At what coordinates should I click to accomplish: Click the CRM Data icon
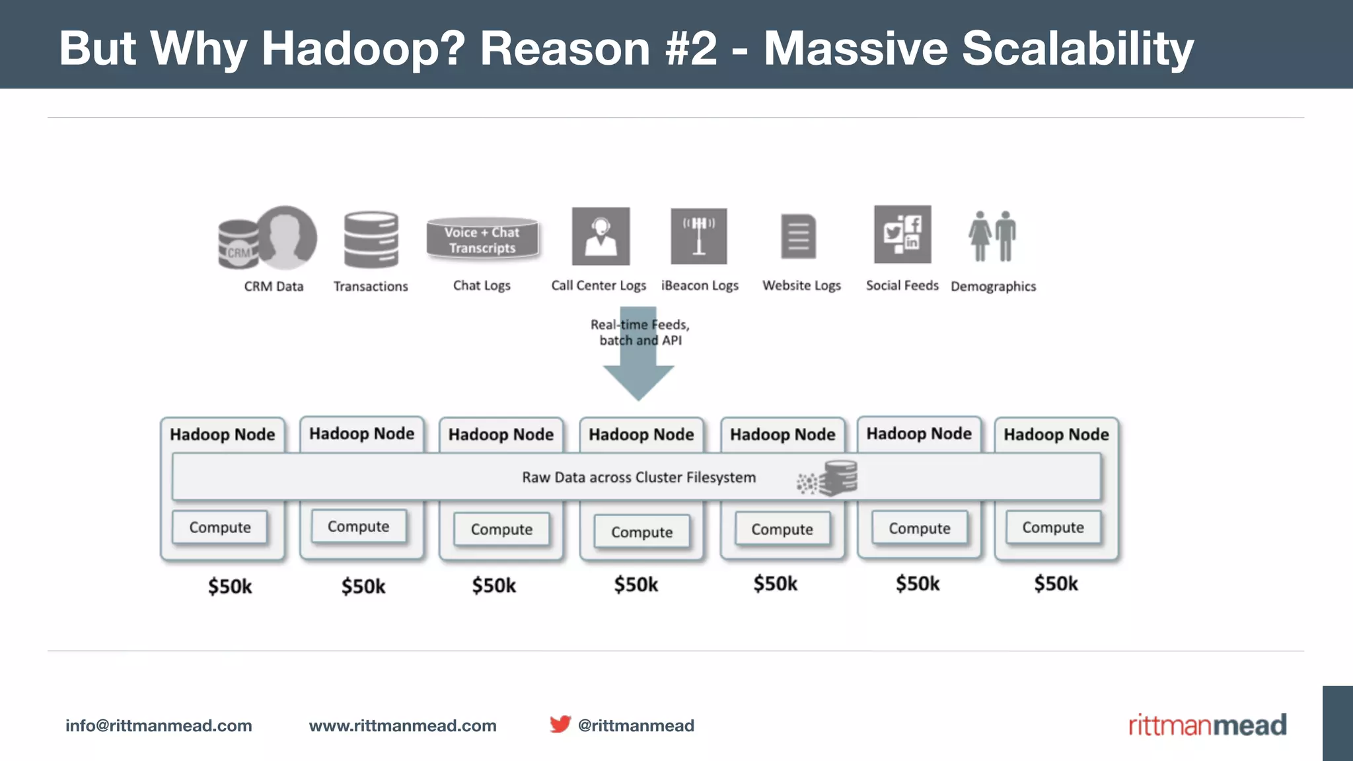268,238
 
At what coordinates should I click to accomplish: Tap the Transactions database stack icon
371,239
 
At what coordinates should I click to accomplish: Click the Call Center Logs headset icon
601,236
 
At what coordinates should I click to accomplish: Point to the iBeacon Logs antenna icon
699,236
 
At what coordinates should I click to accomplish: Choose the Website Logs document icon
798,236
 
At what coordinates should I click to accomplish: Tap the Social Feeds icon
902,235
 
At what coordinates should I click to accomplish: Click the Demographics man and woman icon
992,236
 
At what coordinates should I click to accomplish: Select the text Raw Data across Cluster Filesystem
638,477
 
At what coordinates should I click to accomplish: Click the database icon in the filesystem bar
839,478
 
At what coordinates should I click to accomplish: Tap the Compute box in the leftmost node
220,527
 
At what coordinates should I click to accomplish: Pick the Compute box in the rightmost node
1053,527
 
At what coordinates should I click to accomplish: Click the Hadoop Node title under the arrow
641,435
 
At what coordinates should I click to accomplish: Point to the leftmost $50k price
230,586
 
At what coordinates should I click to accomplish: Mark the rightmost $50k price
1056,583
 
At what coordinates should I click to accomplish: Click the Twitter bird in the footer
560,724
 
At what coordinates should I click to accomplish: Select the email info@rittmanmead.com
159,725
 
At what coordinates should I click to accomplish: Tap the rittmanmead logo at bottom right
1207,725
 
